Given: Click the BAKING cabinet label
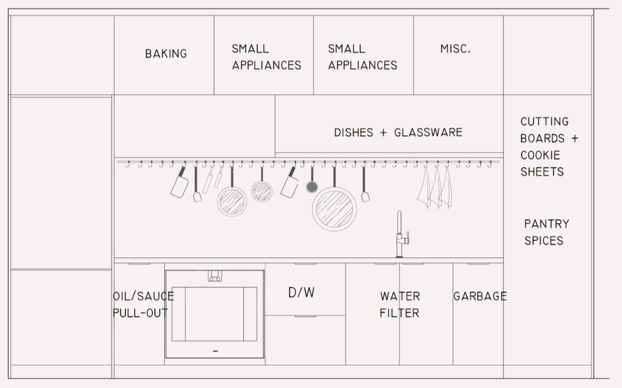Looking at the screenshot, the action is pyautogui.click(x=166, y=54).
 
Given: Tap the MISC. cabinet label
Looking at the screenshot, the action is pyautogui.click(x=456, y=49).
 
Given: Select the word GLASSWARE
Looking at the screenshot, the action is pyautogui.click(x=428, y=132).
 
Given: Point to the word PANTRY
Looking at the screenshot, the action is pyautogui.click(x=546, y=223).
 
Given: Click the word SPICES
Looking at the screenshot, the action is pyautogui.click(x=543, y=240).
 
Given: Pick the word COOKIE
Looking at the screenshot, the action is pyautogui.click(x=540, y=155).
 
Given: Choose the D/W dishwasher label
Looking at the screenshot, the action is pyautogui.click(x=301, y=293).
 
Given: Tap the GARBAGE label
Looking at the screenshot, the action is pyautogui.click(x=480, y=296).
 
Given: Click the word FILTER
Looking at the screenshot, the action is pyautogui.click(x=399, y=313).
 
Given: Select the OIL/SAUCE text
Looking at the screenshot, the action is pyautogui.click(x=143, y=296).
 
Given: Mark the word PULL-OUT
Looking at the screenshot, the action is pyautogui.click(x=140, y=313).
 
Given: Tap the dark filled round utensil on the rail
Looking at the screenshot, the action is pyautogui.click(x=312, y=186).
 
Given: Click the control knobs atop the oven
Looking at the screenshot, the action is pyautogui.click(x=215, y=276).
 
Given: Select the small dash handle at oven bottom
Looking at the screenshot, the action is pyautogui.click(x=215, y=350).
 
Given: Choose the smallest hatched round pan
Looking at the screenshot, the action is pyautogui.click(x=262, y=191).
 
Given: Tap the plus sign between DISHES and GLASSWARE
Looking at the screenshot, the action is pyautogui.click(x=383, y=133).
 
